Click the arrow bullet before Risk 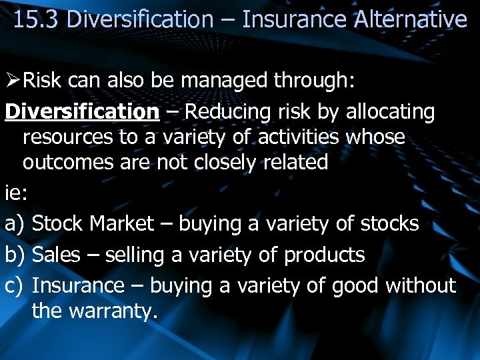tap(13, 81)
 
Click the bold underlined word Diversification tap(82, 112)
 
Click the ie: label tap(15, 193)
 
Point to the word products tap(324, 255)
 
